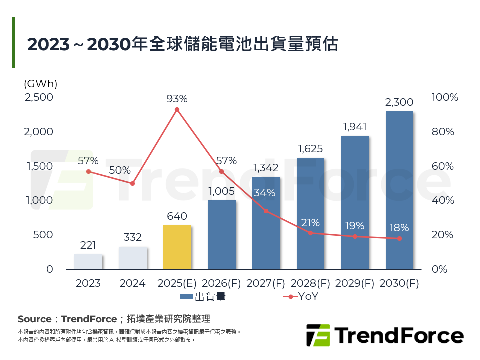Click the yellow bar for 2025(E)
[x=177, y=247]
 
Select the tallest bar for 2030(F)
[x=399, y=190]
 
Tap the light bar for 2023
[x=88, y=262]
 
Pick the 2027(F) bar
[x=266, y=223]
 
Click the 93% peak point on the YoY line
[x=177, y=109]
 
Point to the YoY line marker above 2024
[x=133, y=184]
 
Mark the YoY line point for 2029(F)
[x=355, y=236]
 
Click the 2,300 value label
[x=399, y=102]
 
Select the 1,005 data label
[x=221, y=191]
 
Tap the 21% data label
[x=310, y=223]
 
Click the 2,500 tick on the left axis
[x=39, y=97]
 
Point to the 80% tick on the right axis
[x=442, y=132]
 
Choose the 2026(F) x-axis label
[x=221, y=283]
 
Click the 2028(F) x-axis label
[x=310, y=283]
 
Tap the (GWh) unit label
[x=40, y=84]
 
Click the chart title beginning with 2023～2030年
[x=183, y=44]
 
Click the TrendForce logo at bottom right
[x=384, y=335]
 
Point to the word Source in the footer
[x=34, y=319]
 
